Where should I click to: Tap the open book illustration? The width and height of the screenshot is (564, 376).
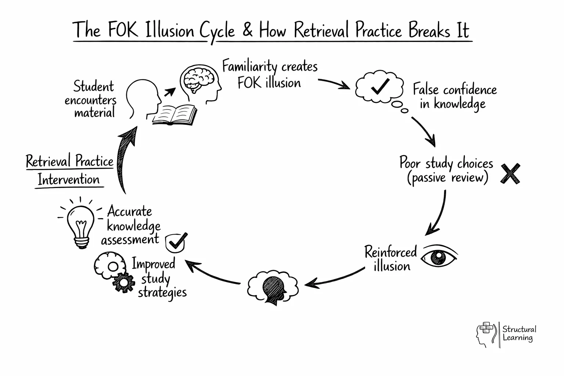[x=175, y=115]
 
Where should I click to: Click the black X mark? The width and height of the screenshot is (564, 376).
[x=510, y=174]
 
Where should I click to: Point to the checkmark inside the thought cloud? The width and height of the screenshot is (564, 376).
[x=380, y=86]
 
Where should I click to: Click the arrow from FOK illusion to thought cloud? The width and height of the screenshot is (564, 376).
[x=334, y=84]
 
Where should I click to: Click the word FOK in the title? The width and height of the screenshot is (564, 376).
[x=123, y=30]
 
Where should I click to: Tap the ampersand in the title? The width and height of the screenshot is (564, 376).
[x=247, y=30]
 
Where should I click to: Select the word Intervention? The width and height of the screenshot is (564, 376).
[x=69, y=180]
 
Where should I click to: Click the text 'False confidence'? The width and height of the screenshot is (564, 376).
[x=455, y=90]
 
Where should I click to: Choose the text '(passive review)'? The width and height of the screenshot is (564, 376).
[x=448, y=178]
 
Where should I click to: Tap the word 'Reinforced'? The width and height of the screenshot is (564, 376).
[x=390, y=252]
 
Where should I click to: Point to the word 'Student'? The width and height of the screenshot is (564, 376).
[x=94, y=87]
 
